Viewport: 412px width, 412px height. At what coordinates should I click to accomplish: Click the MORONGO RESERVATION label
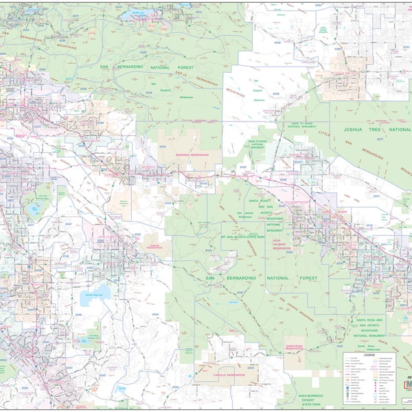point(182,153)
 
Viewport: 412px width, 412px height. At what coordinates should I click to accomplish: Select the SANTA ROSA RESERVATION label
point(295,348)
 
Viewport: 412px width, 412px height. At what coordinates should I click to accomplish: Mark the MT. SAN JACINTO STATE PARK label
point(233,237)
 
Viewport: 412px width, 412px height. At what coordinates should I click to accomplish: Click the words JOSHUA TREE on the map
point(363,129)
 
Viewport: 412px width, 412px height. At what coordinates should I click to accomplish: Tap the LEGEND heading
point(369,355)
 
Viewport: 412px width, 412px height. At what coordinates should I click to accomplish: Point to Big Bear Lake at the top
point(137,13)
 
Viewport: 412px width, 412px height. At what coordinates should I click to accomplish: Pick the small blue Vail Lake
point(121,389)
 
